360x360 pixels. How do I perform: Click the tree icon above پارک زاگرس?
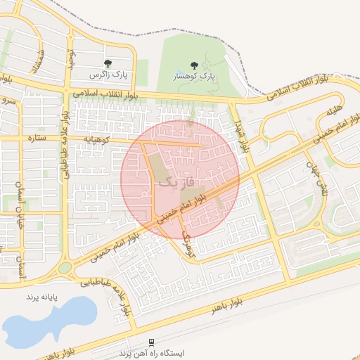pyautogui.click(x=108, y=64)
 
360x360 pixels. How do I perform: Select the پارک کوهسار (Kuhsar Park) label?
pyautogui.click(x=195, y=75)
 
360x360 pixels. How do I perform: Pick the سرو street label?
pyautogui.click(x=9, y=101)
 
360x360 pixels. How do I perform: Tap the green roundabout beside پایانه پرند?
pyautogui.click(x=65, y=268)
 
